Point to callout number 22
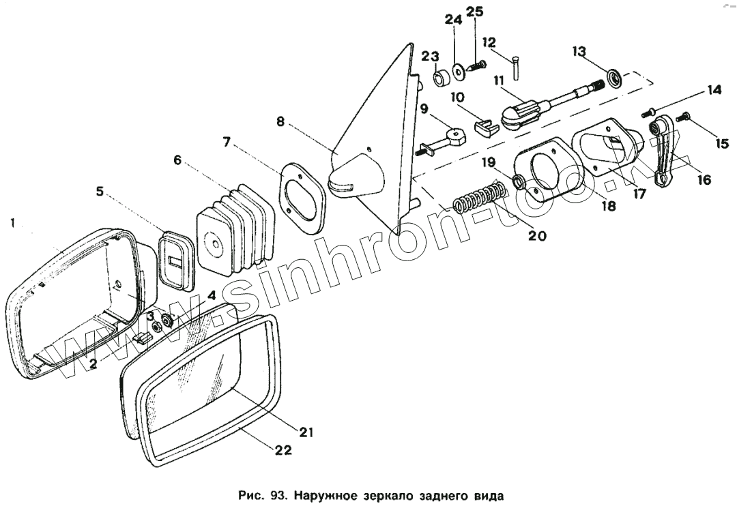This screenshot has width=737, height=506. (283, 449)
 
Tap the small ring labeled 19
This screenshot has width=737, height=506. (517, 181)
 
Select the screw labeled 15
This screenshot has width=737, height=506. (682, 119)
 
